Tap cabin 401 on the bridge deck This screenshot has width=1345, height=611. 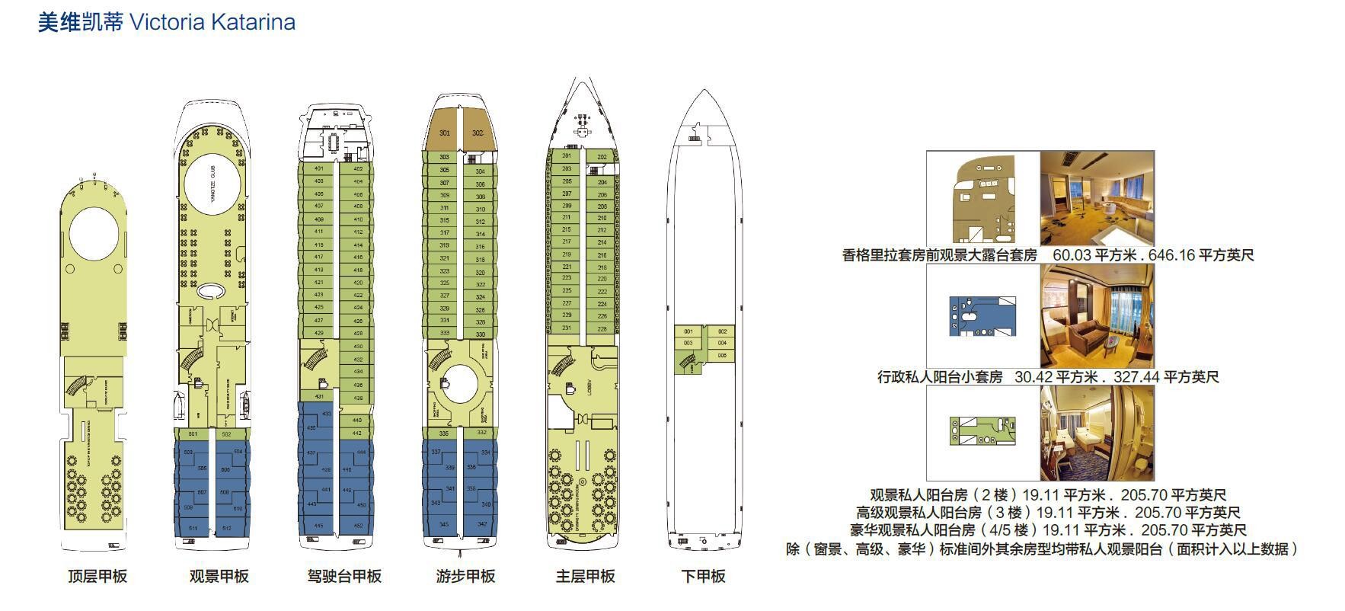coord(318,168)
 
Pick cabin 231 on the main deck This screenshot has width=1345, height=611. coord(567,328)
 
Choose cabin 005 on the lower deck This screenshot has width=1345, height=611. coord(722,355)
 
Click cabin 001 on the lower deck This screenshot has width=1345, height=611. coord(688,331)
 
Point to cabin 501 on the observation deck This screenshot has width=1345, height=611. coord(193,434)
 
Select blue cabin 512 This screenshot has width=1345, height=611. coord(227,528)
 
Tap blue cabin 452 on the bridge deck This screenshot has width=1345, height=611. coord(359,526)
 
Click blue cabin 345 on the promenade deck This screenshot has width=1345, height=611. coord(444,524)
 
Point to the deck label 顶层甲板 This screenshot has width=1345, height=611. coord(97,577)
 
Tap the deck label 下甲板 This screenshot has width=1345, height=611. coord(703,577)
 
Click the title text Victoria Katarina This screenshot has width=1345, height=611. coord(212,22)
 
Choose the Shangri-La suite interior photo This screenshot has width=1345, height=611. coord(1097,198)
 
